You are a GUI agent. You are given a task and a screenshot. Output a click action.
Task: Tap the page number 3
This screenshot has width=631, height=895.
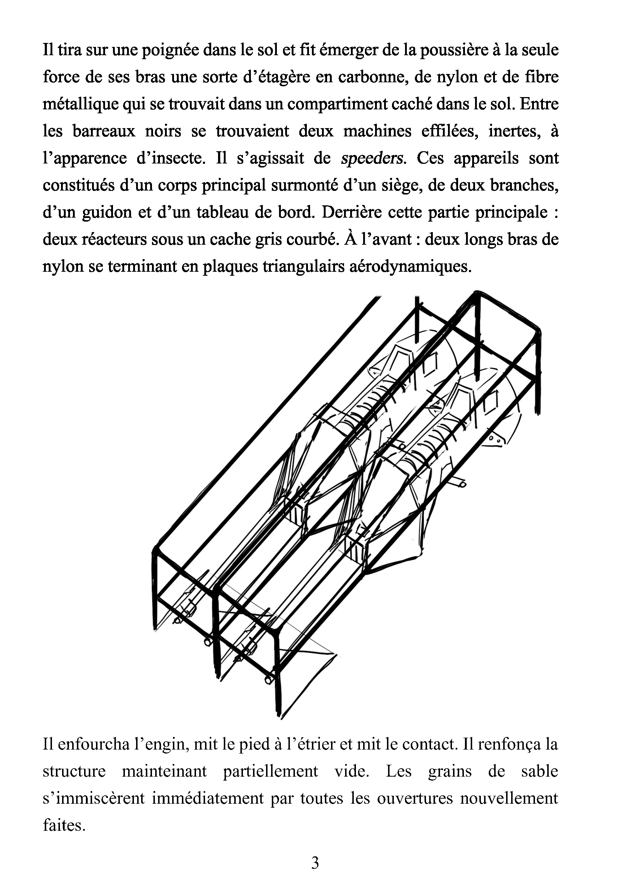click(x=315, y=863)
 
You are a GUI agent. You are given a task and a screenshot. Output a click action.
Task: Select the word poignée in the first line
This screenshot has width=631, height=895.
click(x=171, y=51)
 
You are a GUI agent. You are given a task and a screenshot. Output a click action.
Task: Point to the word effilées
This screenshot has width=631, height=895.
click(x=450, y=131)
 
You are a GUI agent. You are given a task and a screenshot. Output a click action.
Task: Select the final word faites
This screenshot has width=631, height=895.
click(x=64, y=825)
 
